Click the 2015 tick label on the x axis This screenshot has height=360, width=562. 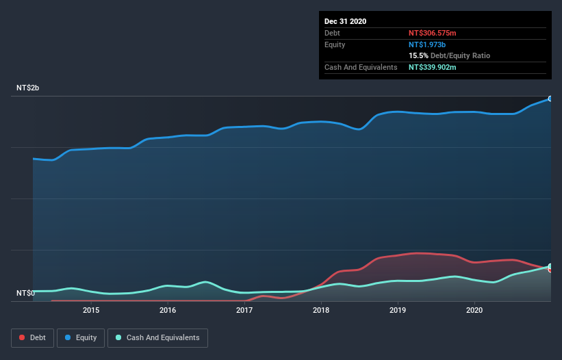91,310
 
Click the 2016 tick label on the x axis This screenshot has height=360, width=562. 168,310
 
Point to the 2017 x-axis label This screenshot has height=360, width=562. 244,310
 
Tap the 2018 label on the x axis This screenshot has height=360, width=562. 321,310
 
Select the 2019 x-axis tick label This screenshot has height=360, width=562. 398,310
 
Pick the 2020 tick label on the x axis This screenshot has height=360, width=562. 474,310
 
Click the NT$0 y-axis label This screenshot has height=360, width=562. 25,294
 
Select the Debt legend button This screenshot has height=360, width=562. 32,337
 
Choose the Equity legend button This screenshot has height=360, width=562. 81,337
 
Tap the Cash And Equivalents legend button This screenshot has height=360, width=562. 157,337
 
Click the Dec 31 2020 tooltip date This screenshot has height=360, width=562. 346,21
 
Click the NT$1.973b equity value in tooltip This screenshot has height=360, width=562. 428,44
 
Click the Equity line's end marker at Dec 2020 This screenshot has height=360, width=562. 550,99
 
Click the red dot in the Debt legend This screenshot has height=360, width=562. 23,337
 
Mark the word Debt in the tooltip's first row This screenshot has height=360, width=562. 333,33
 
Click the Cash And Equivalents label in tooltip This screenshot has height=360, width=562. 361,67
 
